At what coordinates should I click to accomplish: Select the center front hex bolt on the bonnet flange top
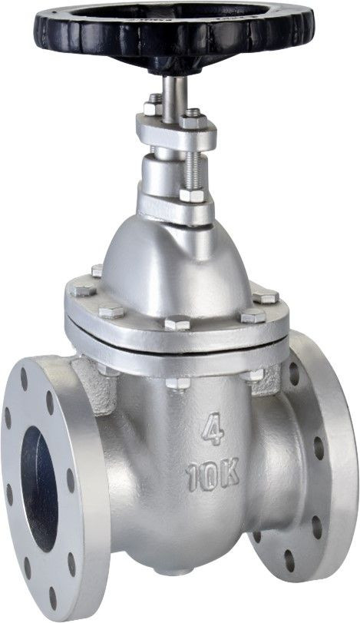click(x=177, y=323)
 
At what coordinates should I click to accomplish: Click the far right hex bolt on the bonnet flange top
click(x=265, y=297)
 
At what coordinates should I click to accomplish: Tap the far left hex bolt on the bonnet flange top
click(x=83, y=290)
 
